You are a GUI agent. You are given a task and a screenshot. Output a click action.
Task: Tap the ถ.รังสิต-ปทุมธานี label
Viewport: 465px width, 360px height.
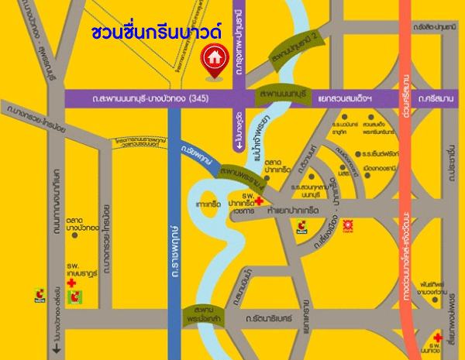click(433, 28)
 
